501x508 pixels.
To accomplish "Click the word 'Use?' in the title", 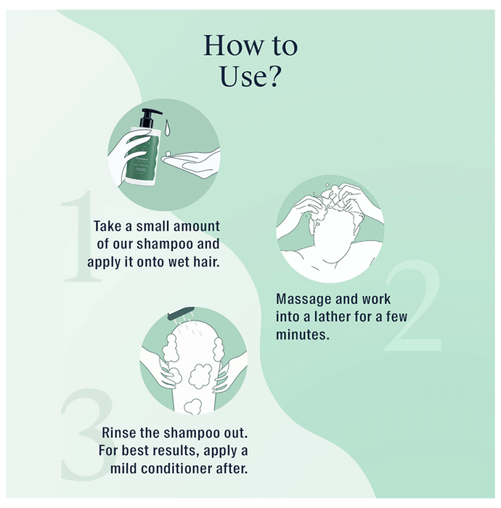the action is [250, 76].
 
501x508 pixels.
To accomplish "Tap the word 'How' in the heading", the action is [232, 46].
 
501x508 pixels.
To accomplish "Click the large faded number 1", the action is [81, 236].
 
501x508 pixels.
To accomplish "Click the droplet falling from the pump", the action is [167, 127].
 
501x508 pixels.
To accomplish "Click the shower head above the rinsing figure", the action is [181, 312].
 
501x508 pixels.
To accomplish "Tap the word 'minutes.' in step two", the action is [302, 335].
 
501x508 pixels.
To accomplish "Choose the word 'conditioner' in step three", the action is [176, 469].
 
